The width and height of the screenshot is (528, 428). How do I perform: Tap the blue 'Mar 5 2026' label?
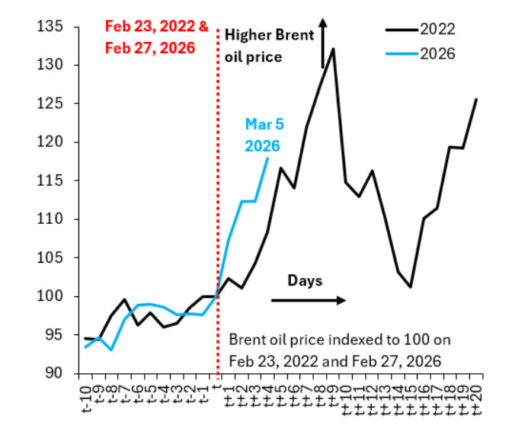262,134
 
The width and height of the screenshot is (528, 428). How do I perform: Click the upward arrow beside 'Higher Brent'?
322,42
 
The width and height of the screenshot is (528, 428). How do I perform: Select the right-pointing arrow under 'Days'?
308,300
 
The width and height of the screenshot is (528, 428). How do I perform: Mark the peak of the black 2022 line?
333,50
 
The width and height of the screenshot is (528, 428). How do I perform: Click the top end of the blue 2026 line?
268,158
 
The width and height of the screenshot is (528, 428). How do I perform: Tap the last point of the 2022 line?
476,99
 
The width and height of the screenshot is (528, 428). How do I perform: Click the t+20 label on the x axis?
477,398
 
